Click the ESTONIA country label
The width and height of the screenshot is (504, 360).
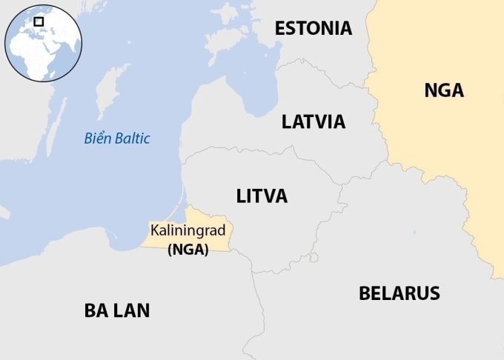tap(313, 28)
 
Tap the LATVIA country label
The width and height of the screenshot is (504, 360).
tap(313, 121)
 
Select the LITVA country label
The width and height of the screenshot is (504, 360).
tap(262, 196)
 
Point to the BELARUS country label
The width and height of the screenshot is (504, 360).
tap(399, 293)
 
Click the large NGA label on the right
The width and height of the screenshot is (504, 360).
tap(443, 90)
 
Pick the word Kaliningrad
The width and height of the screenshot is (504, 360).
tap(188, 231)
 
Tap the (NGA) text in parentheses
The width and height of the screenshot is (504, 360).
tap(188, 250)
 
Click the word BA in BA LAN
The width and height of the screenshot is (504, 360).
tap(98, 310)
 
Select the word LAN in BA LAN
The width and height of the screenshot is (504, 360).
tap(133, 310)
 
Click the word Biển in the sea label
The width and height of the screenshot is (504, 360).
tap(96, 138)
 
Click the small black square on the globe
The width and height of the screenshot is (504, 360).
tap(39, 22)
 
